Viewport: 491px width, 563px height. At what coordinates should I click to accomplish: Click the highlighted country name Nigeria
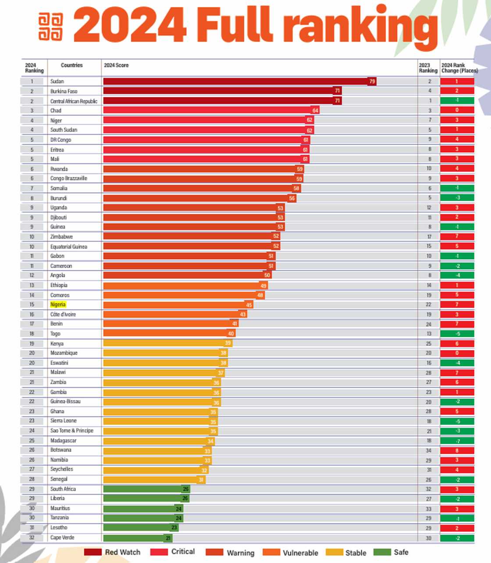click(58, 305)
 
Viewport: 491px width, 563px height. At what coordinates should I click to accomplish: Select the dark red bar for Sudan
click(237, 81)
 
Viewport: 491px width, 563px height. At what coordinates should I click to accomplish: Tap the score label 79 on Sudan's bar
click(372, 81)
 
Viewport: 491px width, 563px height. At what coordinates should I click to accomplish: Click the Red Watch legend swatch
click(93, 552)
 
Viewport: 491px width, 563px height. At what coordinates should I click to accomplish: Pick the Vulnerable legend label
click(300, 552)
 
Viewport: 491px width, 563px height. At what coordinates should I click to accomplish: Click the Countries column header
click(72, 65)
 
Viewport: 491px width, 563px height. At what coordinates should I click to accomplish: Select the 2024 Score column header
click(116, 65)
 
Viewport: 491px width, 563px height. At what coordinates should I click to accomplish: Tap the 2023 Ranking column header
click(428, 68)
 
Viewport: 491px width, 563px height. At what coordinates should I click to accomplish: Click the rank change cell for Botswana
click(457, 450)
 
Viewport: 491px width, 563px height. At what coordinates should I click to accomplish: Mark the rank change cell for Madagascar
click(457, 441)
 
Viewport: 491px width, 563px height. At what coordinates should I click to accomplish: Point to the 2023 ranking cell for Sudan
click(429, 81)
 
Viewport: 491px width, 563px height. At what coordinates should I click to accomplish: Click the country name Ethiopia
click(59, 285)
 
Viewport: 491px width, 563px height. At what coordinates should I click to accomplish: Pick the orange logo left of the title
click(51, 27)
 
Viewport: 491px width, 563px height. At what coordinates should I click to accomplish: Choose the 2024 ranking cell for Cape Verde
click(32, 538)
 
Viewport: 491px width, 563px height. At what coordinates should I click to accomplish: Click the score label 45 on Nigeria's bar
click(249, 305)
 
